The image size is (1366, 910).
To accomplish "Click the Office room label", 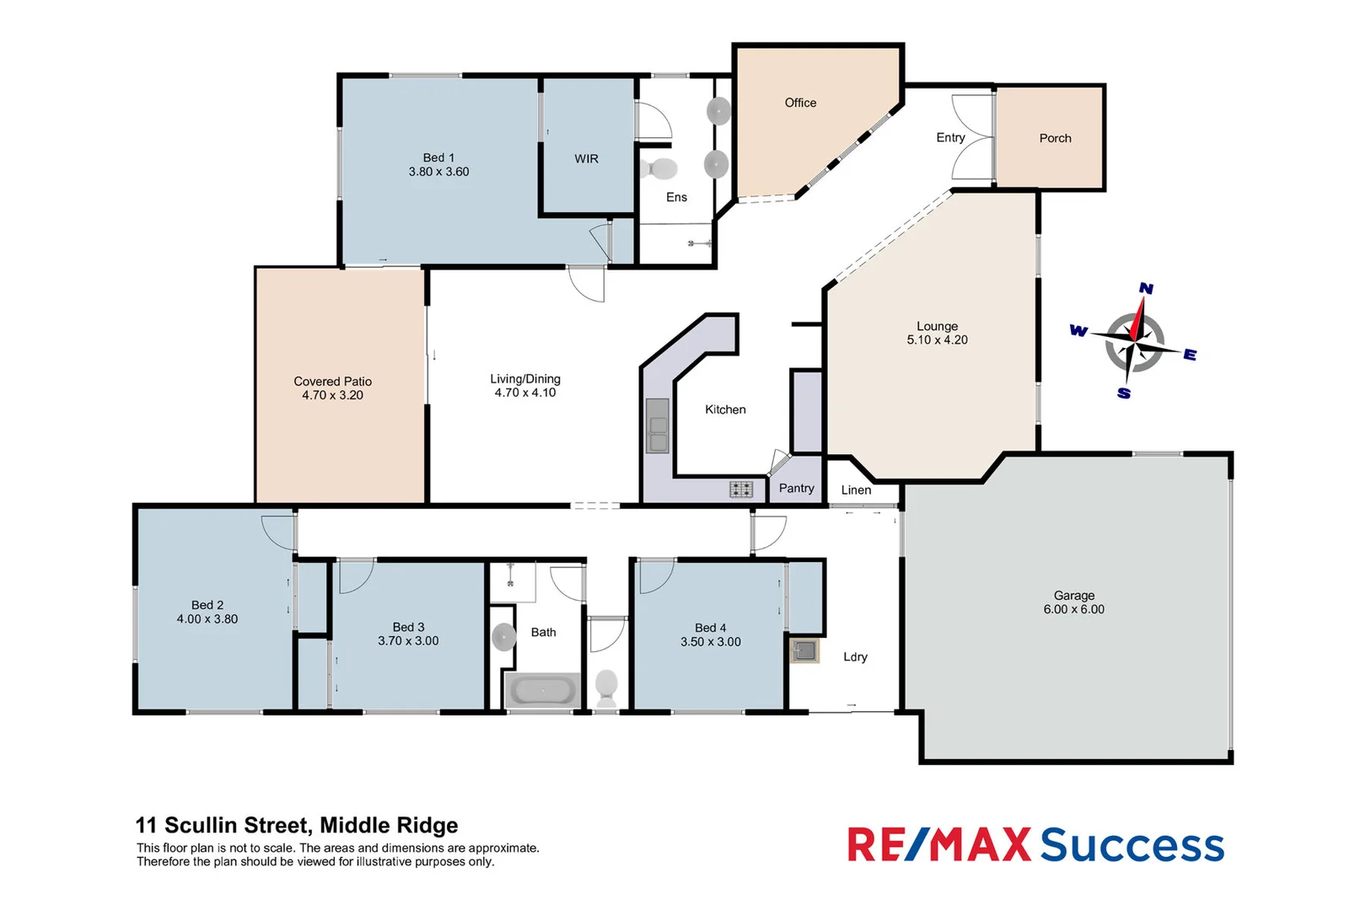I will click(800, 103).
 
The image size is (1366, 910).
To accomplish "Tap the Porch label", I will click(1055, 138).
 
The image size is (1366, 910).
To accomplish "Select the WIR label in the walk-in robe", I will click(586, 158).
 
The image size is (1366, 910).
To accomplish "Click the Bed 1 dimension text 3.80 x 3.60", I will click(438, 172).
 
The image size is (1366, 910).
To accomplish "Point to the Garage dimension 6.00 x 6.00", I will click(1073, 609).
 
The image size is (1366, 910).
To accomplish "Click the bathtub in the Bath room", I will click(542, 691).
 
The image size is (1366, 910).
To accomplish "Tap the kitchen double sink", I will click(657, 426).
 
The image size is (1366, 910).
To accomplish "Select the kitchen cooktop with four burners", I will click(740, 489).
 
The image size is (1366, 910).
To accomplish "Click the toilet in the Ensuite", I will click(659, 169).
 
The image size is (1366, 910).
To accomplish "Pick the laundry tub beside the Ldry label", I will click(804, 650).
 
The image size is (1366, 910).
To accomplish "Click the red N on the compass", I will click(1146, 288).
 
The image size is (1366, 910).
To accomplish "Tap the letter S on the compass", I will click(1124, 393).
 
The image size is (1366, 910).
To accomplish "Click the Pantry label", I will click(796, 488).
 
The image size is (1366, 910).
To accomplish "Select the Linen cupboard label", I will click(856, 490).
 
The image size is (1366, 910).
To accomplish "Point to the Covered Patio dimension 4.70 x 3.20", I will click(332, 395).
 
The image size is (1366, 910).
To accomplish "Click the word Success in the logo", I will click(1132, 845).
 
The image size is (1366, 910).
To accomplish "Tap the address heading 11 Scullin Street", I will click(297, 825).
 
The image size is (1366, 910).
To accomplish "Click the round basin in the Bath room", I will click(503, 637).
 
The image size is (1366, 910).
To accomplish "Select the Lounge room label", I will click(937, 326).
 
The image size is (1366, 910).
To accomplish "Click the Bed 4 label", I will click(710, 628).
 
